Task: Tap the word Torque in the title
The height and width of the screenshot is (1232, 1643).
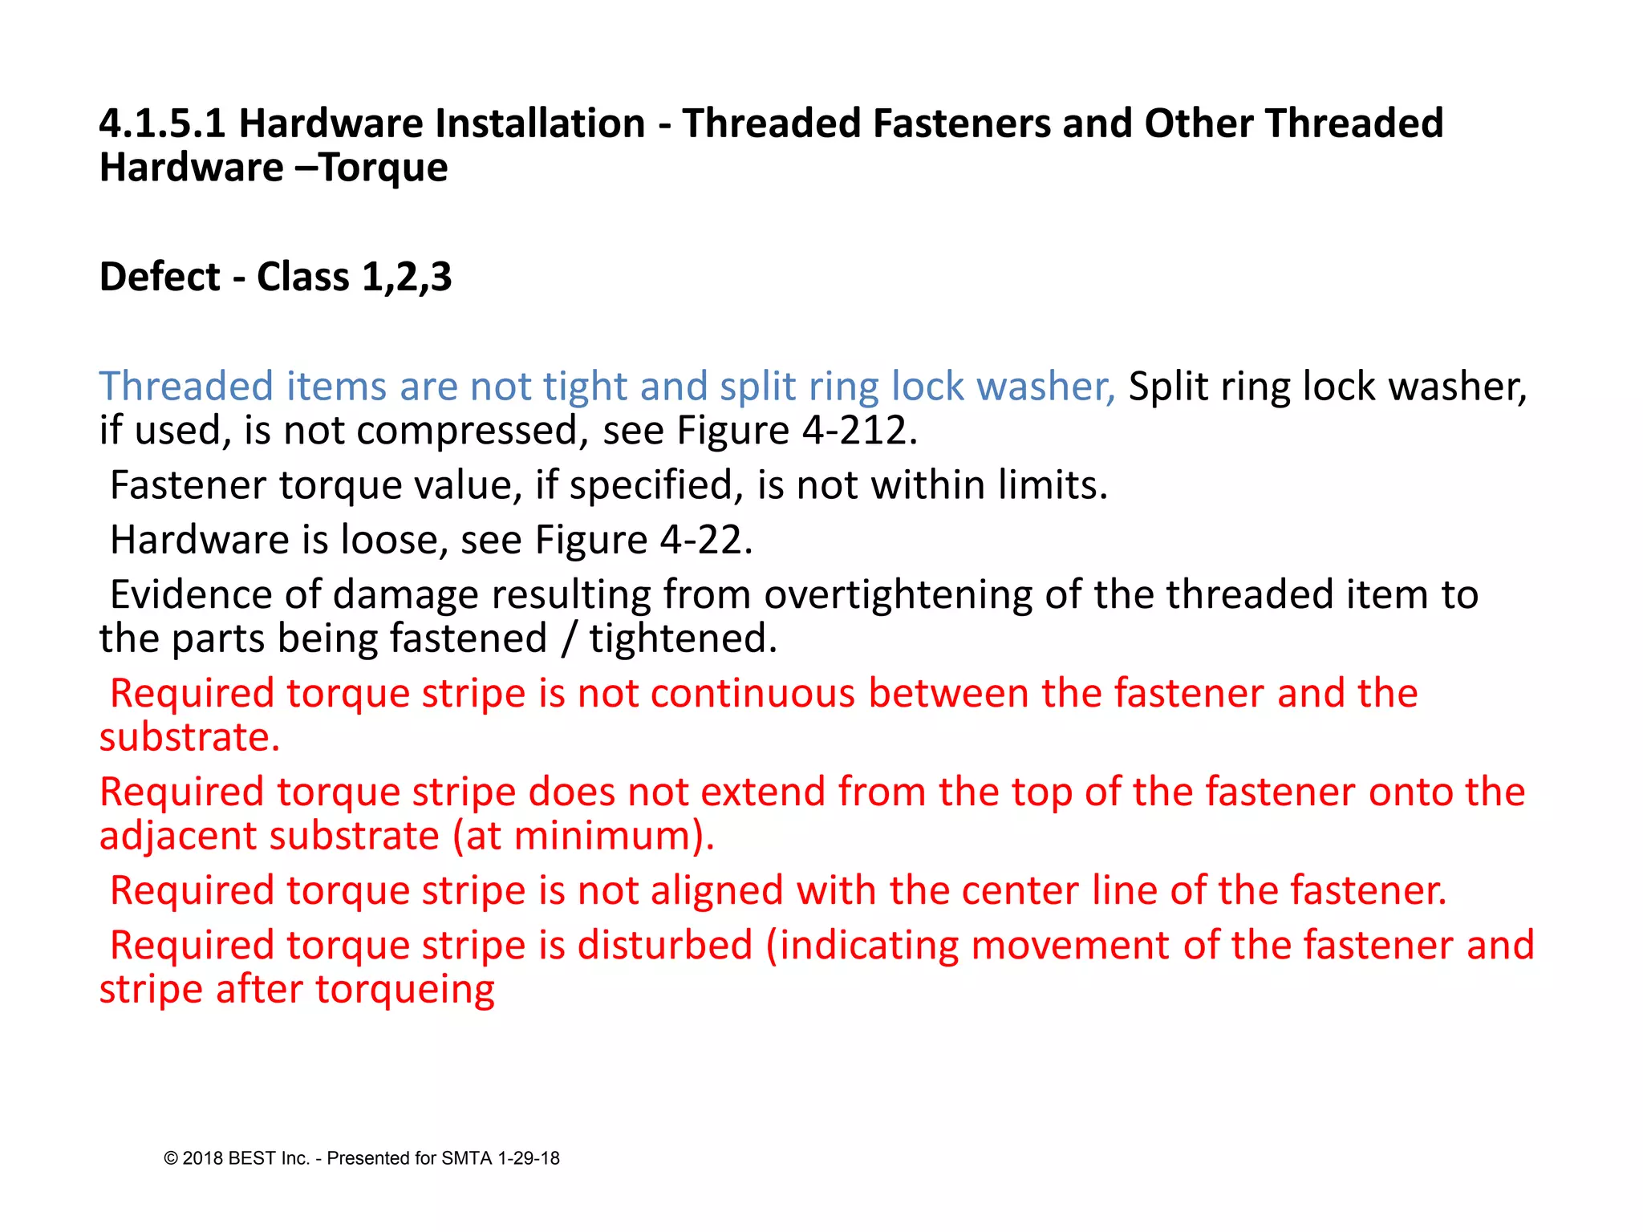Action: pos(383,168)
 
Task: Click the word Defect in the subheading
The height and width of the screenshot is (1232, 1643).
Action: pos(160,278)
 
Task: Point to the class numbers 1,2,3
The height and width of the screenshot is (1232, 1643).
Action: pos(407,278)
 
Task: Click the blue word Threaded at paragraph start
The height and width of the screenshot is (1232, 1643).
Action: pos(186,387)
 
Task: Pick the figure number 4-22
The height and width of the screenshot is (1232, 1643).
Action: pos(706,540)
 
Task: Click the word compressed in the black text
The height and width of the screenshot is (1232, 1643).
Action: pos(467,431)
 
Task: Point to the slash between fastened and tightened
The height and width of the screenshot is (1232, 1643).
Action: pos(569,639)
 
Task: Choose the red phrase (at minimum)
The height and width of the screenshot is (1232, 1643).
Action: pos(583,837)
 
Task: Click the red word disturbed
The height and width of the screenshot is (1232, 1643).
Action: pos(665,946)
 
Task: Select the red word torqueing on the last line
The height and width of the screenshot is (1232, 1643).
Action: pos(405,990)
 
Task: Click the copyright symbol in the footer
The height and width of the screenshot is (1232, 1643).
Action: pos(170,1158)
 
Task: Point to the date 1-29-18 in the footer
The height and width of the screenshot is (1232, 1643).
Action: pos(529,1158)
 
